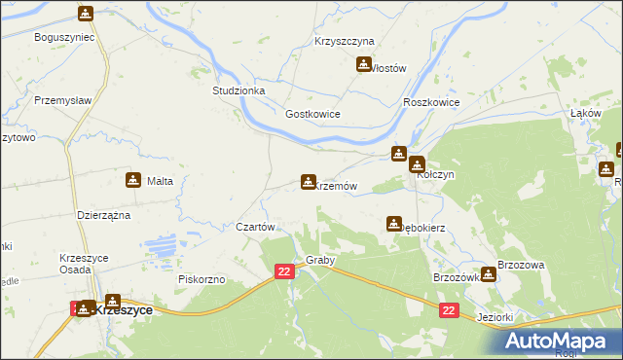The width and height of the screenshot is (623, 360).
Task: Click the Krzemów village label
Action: [x=337, y=185]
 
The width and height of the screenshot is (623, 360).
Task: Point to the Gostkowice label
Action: [x=311, y=114]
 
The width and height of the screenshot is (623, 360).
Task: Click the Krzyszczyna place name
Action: [x=344, y=42]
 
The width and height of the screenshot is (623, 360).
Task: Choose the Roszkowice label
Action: [x=429, y=102]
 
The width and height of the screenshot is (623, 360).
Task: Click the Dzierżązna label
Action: [x=104, y=215]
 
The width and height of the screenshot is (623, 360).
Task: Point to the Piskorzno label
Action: [x=202, y=279]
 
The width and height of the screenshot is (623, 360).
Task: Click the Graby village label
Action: [x=320, y=261]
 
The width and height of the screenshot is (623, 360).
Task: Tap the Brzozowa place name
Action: [x=520, y=265]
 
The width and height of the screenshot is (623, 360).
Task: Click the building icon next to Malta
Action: [x=132, y=180]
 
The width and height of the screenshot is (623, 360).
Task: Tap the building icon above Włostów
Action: [x=364, y=65]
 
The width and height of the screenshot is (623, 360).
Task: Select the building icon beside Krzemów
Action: [x=308, y=182]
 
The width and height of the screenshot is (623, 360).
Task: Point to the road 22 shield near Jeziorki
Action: [x=448, y=310]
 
